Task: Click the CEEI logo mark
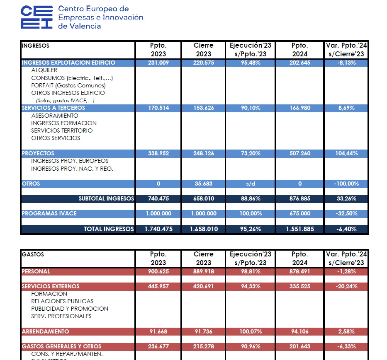[37, 17]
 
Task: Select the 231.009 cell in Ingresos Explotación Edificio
[158, 63]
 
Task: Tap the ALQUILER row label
[44, 70]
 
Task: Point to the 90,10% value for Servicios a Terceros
[250, 108]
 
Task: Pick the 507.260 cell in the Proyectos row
[299, 154]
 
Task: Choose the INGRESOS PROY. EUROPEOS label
[70, 161]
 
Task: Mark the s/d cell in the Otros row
[250, 184]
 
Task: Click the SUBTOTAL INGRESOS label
[106, 199]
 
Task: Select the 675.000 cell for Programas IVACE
[299, 214]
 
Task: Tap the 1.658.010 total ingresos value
[204, 229]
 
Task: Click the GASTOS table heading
[33, 255]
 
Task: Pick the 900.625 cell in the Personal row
[158, 272]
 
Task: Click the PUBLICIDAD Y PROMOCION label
[70, 309]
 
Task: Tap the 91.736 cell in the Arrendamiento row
[204, 332]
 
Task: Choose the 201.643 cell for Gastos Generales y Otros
[299, 347]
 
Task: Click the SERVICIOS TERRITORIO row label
[62, 131]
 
